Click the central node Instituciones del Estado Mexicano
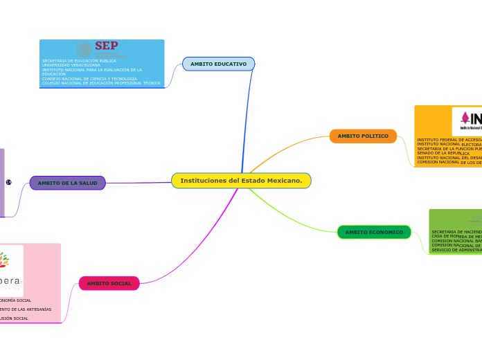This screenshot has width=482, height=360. pyautogui.click(x=241, y=181)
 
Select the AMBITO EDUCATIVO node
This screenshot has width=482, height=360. pyautogui.click(x=219, y=64)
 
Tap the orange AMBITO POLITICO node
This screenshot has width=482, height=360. pyautogui.click(x=363, y=136)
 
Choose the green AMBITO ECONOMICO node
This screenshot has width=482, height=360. pyautogui.click(x=374, y=232)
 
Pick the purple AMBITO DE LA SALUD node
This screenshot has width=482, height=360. pyautogui.click(x=67, y=183)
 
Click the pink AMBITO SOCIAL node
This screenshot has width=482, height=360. pyautogui.click(x=109, y=283)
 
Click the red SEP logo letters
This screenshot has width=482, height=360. pyautogui.click(x=106, y=46)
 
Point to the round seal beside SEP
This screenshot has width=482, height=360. pyautogui.click(x=84, y=49)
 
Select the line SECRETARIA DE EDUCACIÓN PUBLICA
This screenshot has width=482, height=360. pyautogui.click(x=79, y=61)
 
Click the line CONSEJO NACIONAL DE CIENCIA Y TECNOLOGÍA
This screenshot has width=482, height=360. pyautogui.click(x=89, y=79)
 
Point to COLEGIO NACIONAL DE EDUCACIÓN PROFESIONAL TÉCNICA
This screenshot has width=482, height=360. pyautogui.click(x=101, y=83)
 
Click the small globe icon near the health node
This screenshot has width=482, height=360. pyautogui.click(x=9, y=182)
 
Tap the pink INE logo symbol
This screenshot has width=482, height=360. pyautogui.click(x=465, y=118)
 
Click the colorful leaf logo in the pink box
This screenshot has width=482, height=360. pyautogui.click(x=4, y=260)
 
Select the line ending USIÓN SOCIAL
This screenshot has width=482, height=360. pyautogui.click(x=15, y=318)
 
